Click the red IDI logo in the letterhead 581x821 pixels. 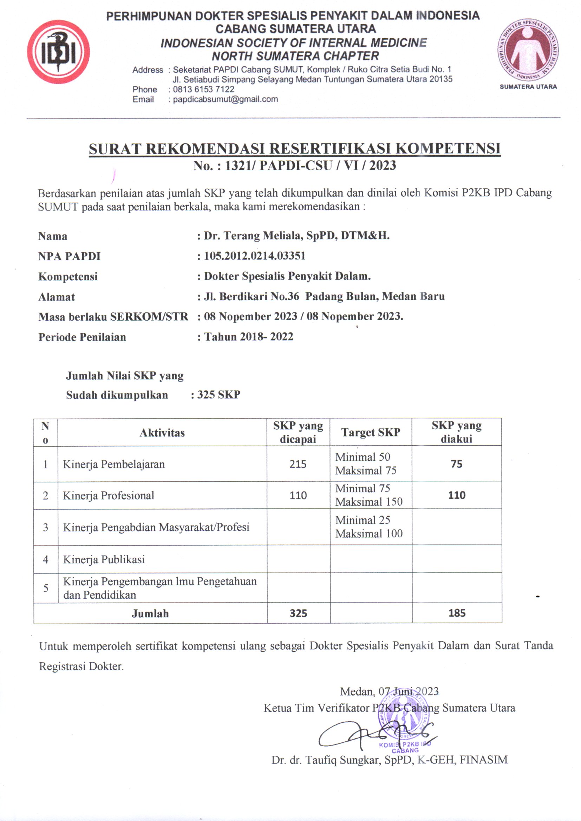58,52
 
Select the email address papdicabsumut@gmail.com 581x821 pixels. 226,99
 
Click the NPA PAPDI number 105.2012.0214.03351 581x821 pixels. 254,256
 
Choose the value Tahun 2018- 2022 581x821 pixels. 249,336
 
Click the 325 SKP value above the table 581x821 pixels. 218,394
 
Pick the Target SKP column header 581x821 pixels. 370,432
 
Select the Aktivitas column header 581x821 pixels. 162,433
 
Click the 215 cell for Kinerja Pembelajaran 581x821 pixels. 298,464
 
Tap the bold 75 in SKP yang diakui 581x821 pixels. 457,464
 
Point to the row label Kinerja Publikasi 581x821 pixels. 104,559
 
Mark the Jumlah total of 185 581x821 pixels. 457,613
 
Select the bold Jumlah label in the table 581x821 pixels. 150,613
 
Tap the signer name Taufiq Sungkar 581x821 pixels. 342,760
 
